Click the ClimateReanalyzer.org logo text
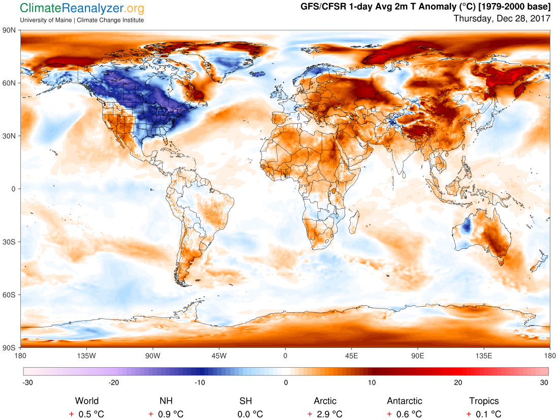click(x=82, y=8)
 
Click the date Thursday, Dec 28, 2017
click(x=501, y=19)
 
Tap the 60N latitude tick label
click(x=10, y=83)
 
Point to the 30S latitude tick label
click(x=10, y=242)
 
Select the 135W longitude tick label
click(x=86, y=356)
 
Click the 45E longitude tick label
click(x=352, y=356)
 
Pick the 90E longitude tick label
click(x=418, y=356)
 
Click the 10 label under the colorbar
click(x=372, y=382)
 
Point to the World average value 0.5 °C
click(x=91, y=414)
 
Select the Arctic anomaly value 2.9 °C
click(x=329, y=414)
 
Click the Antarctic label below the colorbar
click(x=404, y=401)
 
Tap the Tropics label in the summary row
click(x=484, y=401)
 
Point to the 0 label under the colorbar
click(x=286, y=382)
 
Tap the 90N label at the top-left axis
click(x=10, y=30)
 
